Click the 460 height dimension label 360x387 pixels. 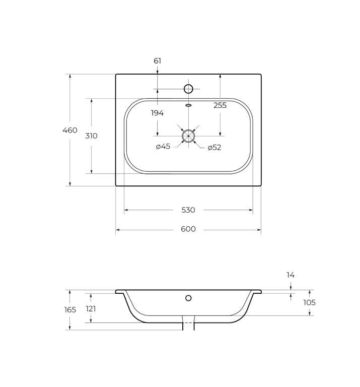[x=70, y=130]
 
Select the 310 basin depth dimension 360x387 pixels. [x=91, y=136]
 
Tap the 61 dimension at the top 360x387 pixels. [x=157, y=60]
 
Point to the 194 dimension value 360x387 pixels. [x=157, y=113]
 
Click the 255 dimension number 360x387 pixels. [x=220, y=105]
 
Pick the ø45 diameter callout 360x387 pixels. [x=163, y=147]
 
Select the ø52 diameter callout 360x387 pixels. [x=214, y=148]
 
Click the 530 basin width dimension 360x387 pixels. [x=188, y=210]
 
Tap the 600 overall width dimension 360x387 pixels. [x=188, y=229]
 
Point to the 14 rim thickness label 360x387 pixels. [x=291, y=275]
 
